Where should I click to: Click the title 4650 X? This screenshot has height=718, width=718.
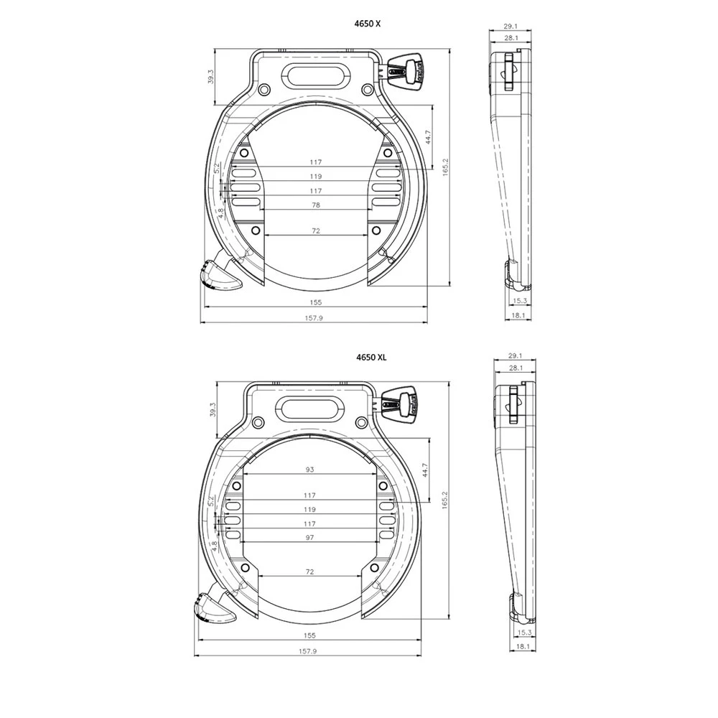[x=368, y=24]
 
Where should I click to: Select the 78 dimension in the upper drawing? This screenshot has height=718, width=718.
[x=316, y=205]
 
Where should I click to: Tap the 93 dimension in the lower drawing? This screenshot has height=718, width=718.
[x=309, y=470]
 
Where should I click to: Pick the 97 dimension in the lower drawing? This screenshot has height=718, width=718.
[x=309, y=538]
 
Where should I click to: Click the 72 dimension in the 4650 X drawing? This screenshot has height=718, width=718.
[x=316, y=231]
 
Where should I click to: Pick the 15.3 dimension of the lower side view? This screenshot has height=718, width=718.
[x=523, y=633]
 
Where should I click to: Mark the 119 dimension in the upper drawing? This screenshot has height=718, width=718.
[x=316, y=176]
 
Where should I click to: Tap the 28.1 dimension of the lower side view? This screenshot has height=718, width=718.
[x=513, y=368]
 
